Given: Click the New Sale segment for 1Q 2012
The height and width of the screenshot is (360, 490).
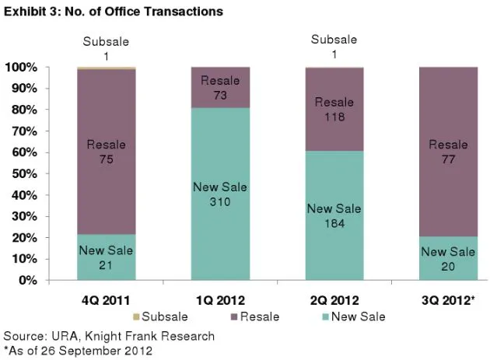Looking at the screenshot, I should (x=220, y=194).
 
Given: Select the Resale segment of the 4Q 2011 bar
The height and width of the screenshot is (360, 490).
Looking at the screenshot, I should (x=106, y=152).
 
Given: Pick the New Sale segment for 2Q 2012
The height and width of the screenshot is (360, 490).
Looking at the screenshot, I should (x=334, y=215).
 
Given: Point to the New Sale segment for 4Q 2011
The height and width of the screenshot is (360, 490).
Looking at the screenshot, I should (x=106, y=257).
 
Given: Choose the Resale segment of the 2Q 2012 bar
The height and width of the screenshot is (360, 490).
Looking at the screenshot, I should (x=334, y=110).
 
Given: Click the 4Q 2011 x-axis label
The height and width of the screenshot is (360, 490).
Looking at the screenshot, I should (x=106, y=298).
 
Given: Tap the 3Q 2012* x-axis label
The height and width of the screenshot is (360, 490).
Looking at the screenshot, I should (x=449, y=298).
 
